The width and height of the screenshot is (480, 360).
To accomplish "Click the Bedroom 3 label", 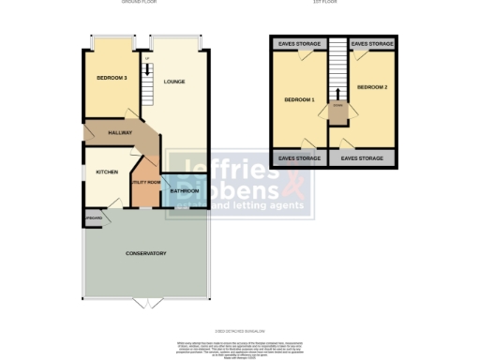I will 111,78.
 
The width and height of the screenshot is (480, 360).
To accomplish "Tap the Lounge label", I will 174,82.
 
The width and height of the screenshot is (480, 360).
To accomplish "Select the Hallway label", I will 119,133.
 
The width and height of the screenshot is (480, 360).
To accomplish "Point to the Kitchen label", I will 106,172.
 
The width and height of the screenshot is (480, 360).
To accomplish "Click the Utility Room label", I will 145,182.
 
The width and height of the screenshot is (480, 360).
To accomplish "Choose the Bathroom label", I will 185,191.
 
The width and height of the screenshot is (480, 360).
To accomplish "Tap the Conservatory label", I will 146,253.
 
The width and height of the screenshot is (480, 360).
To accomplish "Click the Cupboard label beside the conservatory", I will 94,218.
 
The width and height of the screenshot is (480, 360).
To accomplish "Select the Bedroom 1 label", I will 300,99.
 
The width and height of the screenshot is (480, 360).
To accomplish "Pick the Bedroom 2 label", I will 371,87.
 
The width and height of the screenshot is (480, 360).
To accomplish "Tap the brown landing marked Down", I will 337,109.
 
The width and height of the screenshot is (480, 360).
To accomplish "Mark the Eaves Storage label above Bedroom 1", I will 299,44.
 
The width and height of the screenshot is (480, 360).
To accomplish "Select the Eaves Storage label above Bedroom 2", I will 371,44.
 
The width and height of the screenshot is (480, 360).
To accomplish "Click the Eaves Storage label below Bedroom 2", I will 362,158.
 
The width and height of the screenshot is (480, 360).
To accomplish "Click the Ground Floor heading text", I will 139,3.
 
